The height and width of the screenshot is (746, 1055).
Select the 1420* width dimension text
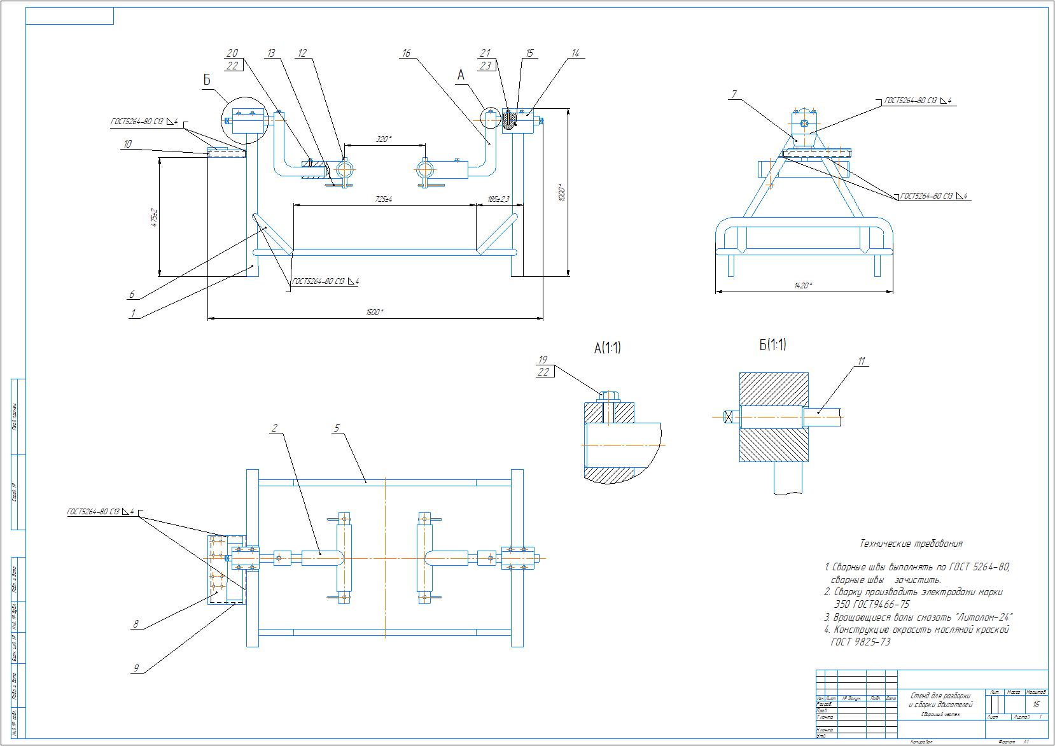tap(803, 286)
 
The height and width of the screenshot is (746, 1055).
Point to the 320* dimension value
tap(382, 139)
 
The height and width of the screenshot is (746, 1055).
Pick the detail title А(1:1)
tap(607, 348)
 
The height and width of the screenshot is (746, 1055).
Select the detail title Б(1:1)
tap(772, 345)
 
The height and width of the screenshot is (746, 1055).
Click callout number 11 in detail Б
tap(862, 362)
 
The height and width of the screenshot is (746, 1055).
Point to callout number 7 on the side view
tap(734, 95)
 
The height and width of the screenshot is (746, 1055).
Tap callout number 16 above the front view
tap(407, 54)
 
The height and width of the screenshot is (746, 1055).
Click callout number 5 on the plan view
tap(337, 428)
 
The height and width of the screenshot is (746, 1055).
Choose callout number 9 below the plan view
tap(136, 668)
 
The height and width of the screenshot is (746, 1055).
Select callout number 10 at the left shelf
tap(127, 144)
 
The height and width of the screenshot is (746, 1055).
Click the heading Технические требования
tap(911, 544)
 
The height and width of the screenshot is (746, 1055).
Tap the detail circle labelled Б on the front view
tap(242, 120)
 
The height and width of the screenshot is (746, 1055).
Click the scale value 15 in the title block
tap(1036, 705)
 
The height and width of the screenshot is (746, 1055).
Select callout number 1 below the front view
tap(133, 313)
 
